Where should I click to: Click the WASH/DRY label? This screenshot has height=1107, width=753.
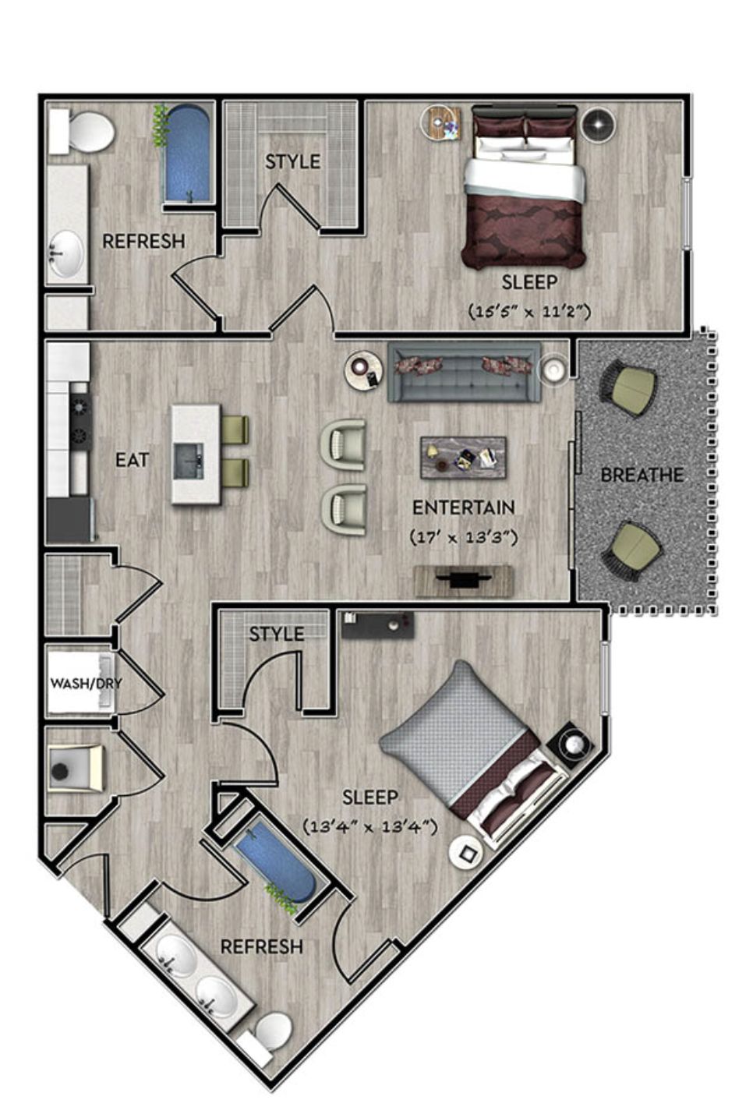86,684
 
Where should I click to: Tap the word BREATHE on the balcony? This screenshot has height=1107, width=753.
642,476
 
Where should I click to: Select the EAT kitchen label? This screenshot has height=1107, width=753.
132,460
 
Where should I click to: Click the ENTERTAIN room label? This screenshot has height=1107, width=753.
464,508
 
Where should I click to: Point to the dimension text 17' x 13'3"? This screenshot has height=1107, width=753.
464,537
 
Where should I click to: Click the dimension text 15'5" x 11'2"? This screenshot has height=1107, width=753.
529,312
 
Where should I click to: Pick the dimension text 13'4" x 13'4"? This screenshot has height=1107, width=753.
370,826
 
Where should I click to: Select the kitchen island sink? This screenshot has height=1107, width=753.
189,461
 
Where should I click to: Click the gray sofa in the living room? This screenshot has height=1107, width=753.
464,372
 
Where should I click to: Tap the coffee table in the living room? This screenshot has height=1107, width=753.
463,457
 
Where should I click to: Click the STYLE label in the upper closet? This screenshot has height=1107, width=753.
292,161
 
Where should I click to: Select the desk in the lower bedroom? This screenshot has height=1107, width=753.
377,624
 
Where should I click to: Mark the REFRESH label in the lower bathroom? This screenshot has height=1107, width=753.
261,946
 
